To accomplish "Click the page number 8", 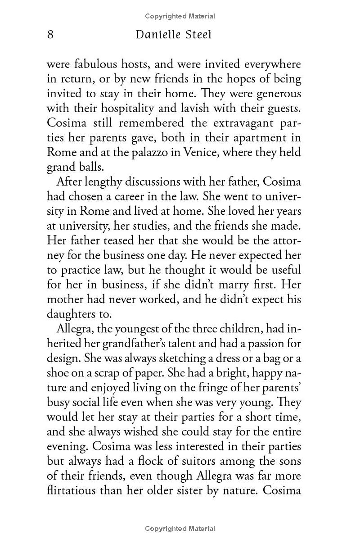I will [50, 35].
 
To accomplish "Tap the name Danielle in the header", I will [157, 35].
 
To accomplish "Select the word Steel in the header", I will [197, 35].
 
